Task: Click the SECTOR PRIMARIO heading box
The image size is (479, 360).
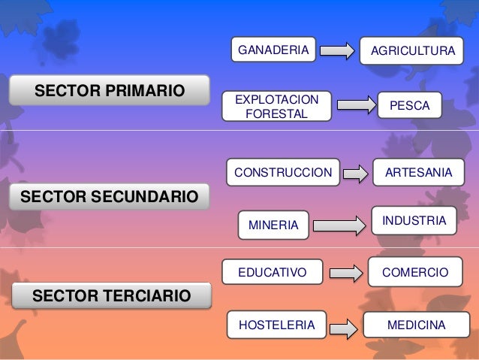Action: (109, 91)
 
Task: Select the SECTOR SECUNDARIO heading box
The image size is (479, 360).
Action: (109, 198)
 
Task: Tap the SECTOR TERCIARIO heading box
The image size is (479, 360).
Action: (111, 295)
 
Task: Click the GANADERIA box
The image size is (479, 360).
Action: (273, 50)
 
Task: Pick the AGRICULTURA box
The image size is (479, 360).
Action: (411, 51)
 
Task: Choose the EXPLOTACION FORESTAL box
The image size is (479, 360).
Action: (276, 107)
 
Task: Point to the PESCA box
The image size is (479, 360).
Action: (410, 106)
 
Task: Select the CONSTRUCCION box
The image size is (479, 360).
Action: (282, 173)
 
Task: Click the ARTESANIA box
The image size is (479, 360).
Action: (418, 173)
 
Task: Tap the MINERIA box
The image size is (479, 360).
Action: (273, 224)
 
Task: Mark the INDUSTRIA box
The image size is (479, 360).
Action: (414, 221)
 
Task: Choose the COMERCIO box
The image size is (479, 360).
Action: (415, 271)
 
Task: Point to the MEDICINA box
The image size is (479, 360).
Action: (415, 325)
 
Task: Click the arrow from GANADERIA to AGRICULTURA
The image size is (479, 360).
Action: (337, 50)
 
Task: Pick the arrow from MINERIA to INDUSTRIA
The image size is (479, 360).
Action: (339, 224)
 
